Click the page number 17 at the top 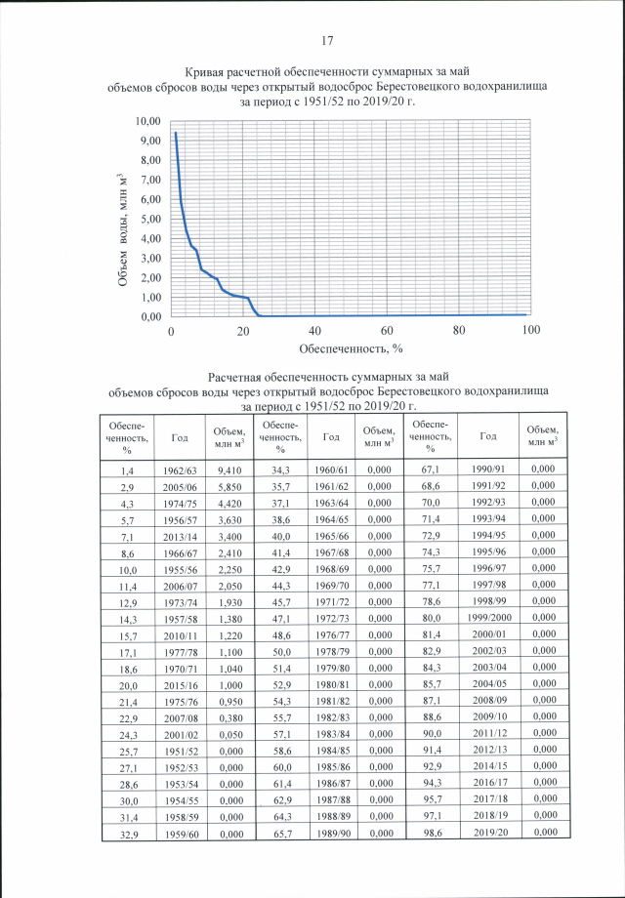click(x=328, y=41)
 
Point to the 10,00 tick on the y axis click(x=146, y=121)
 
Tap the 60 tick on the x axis click(x=387, y=332)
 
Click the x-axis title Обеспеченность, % click(x=351, y=347)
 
